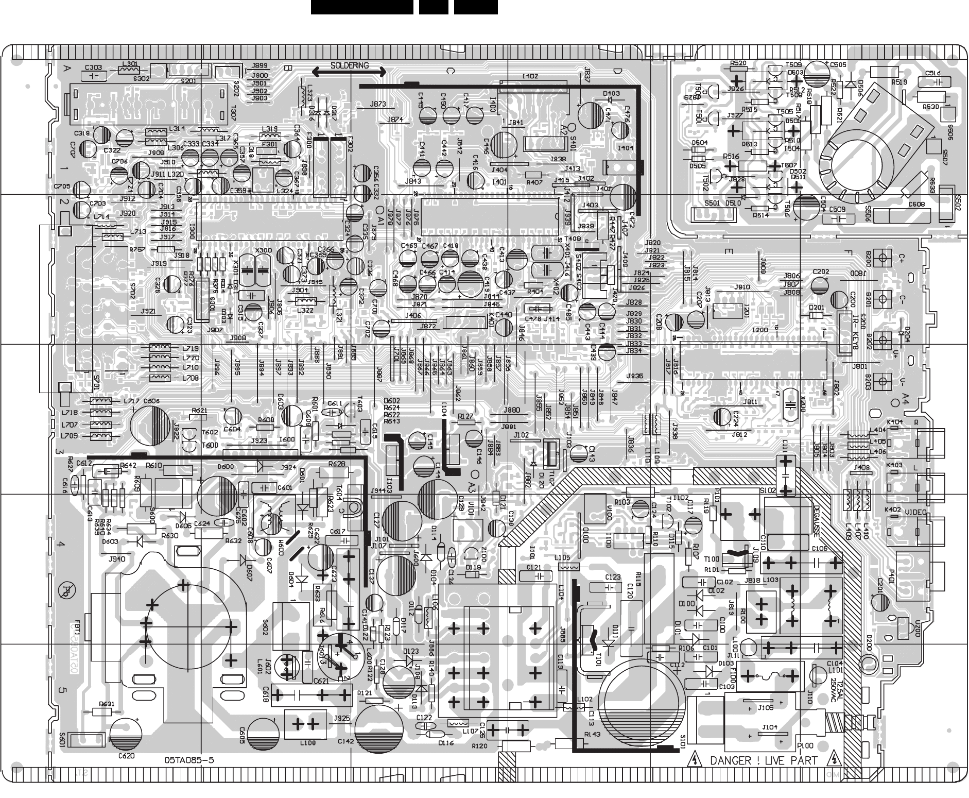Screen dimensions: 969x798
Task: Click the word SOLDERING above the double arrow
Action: [x=350, y=65]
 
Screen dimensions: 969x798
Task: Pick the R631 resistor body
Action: [x=101, y=712]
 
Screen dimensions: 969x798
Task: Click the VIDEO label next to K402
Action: [x=915, y=512]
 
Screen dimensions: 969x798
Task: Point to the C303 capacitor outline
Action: [x=93, y=75]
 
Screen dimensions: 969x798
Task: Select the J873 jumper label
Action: [x=378, y=105]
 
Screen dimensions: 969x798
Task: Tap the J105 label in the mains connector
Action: [x=766, y=708]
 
